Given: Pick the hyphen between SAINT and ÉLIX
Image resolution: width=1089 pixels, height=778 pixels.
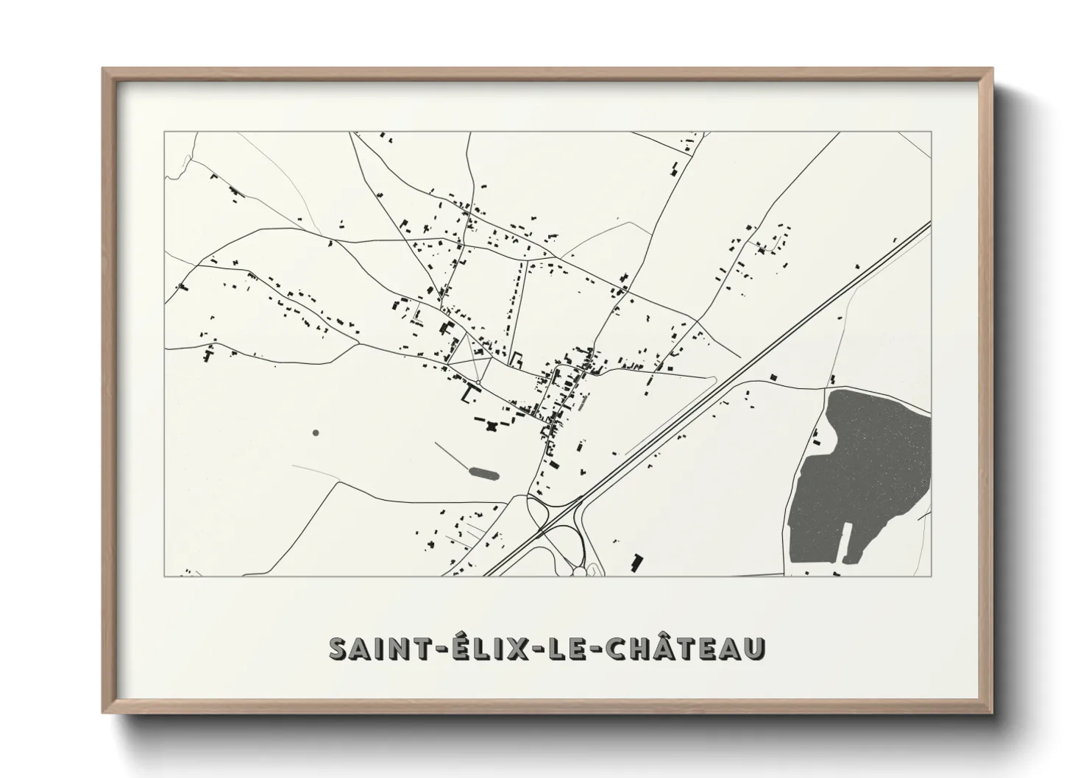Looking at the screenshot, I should coord(417,651).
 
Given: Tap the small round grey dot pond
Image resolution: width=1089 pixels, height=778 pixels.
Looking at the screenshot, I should coord(316,432).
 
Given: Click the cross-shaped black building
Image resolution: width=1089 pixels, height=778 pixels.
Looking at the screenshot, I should coord(491,425).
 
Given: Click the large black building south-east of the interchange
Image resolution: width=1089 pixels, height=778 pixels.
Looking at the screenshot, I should coord(636,562).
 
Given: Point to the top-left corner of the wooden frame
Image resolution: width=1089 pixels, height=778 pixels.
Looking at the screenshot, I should coord(104,69).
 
